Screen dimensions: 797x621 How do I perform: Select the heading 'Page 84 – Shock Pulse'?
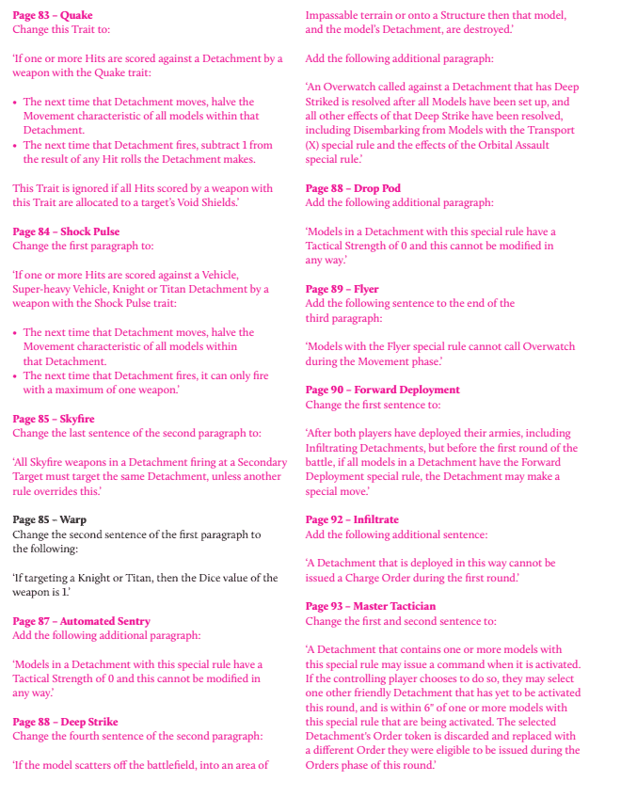pos(66,231)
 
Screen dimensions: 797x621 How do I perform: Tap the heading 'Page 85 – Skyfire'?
pos(54,419)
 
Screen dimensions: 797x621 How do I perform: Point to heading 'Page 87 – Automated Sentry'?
pos(81,621)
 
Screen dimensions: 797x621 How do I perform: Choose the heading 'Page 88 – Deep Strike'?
pos(65,722)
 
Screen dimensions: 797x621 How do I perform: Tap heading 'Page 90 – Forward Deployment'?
pos(383,390)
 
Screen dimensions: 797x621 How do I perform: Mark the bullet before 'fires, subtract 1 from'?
pos(16,146)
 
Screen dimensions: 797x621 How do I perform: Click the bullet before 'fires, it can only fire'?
pos(16,376)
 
